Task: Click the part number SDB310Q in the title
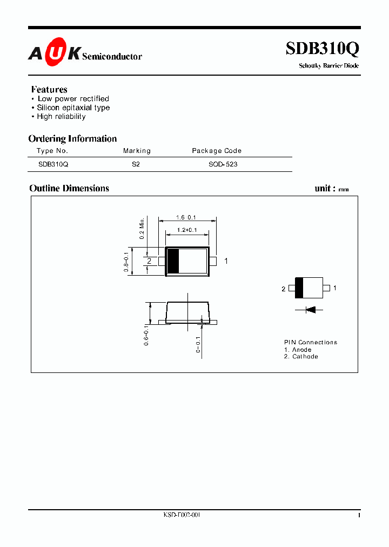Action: coord(322,49)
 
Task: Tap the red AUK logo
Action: coord(54,53)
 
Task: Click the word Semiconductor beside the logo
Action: coord(112,56)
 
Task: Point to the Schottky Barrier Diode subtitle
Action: coord(328,66)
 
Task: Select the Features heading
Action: coord(49,89)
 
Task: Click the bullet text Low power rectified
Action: coord(73,99)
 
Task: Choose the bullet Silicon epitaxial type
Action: coord(73,108)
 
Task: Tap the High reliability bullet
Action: coord(61,117)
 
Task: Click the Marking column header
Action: coord(137,151)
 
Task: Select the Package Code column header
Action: coord(217,151)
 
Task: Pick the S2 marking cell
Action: coord(136,164)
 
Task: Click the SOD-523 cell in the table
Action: coord(223,164)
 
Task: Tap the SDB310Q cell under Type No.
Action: coord(53,164)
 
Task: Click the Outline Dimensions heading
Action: coord(69,188)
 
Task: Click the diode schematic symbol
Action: coord(309,310)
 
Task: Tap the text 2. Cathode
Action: coord(301,357)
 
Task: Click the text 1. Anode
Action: coord(298,350)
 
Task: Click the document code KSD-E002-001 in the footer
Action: coord(182,515)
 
